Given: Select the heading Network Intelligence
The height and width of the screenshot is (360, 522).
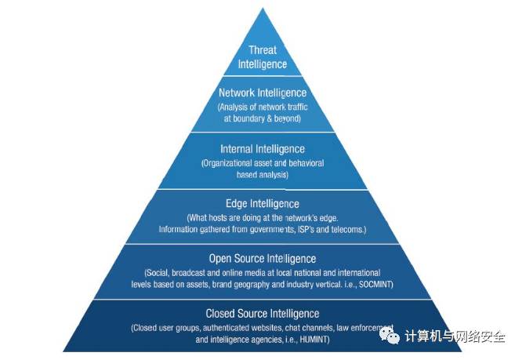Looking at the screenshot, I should (263, 93).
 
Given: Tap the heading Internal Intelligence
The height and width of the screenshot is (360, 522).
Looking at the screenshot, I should (263, 148).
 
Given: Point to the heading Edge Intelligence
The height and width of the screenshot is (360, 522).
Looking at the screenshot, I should (263, 204).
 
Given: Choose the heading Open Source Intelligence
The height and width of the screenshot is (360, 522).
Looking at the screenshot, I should (263, 259).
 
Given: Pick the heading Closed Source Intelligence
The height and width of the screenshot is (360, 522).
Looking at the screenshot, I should (263, 314).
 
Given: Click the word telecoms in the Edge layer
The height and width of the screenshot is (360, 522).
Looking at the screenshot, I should (346, 230).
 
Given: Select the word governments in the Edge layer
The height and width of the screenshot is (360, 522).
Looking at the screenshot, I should (270, 230).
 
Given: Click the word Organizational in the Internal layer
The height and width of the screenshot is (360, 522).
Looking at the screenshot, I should (230, 163).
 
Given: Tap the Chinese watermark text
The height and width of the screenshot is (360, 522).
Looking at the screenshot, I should (455, 336).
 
